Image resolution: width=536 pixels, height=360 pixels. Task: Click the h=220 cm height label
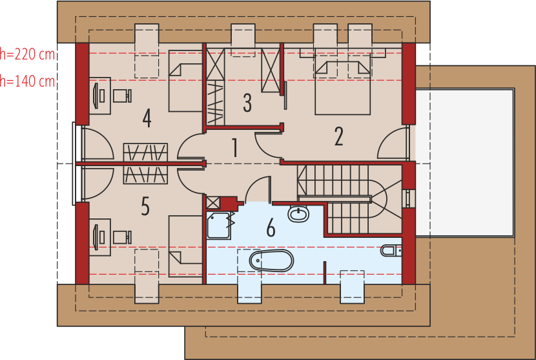click(x=27, y=54)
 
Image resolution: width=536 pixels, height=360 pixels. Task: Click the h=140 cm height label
click(x=27, y=81)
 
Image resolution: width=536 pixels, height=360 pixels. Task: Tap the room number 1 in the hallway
click(x=235, y=148)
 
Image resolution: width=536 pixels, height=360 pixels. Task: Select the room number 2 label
click(x=338, y=136)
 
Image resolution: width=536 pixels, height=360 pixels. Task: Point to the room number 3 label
click(x=247, y=102)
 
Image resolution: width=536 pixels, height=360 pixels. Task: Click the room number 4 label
click(x=147, y=118)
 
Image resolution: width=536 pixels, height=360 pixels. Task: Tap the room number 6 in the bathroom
click(x=270, y=228)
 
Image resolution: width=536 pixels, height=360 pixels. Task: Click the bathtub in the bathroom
click(x=271, y=260)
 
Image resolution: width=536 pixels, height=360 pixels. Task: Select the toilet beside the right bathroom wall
click(x=390, y=250)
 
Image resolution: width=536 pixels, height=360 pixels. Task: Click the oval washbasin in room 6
click(x=298, y=213)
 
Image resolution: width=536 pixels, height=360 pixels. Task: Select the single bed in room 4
click(x=185, y=80)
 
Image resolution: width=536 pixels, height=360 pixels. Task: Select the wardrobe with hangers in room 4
click(x=145, y=152)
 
